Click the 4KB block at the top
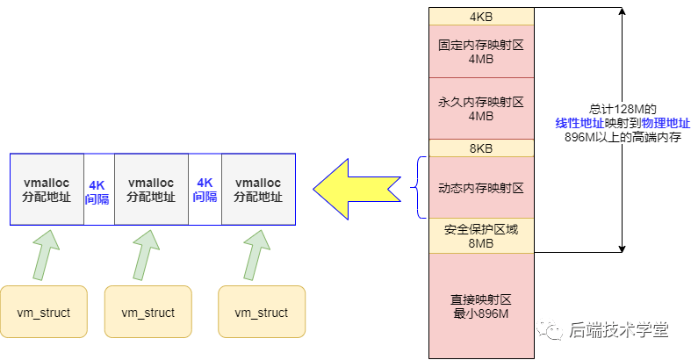click(480, 17)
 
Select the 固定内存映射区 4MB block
click(480, 51)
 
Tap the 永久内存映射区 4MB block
click(480, 108)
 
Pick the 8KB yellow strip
click(480, 148)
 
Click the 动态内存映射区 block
click(480, 187)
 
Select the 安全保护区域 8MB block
click(480, 235)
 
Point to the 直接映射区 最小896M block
click(480, 305)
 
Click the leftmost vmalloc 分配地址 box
click(47, 190)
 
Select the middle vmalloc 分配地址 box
click(151, 190)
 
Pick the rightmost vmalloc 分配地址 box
click(257, 190)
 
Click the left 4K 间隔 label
click(97, 191)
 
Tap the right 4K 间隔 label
click(205, 191)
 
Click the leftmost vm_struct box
click(44, 312)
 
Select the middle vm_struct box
click(148, 312)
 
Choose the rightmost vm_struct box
click(262, 312)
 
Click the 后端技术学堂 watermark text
click(618, 329)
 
